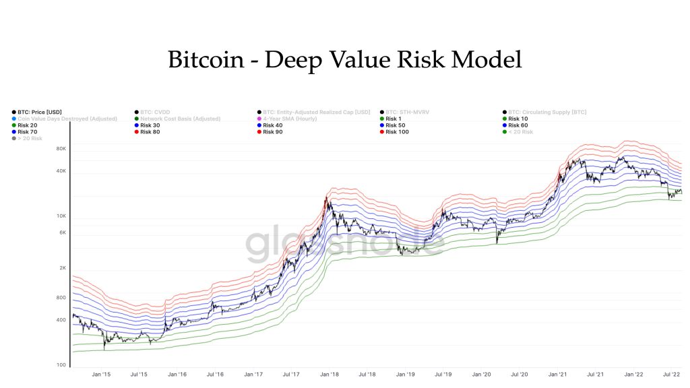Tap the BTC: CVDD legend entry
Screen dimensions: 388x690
157,112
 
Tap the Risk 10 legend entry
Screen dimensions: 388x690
517,119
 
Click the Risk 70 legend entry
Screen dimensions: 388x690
28,132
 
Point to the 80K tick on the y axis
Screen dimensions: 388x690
61,148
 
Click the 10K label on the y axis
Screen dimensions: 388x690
61,216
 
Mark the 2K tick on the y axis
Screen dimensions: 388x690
62,268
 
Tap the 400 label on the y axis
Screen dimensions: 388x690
61,320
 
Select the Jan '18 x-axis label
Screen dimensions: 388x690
330,373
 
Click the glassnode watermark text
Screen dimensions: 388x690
344,245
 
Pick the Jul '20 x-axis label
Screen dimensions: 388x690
520,373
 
